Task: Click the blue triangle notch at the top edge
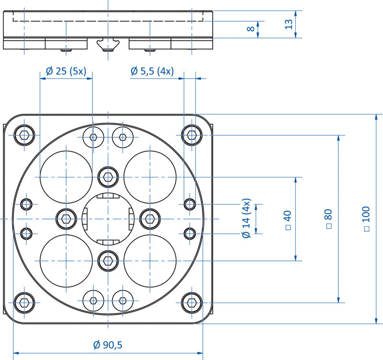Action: [109, 4]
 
